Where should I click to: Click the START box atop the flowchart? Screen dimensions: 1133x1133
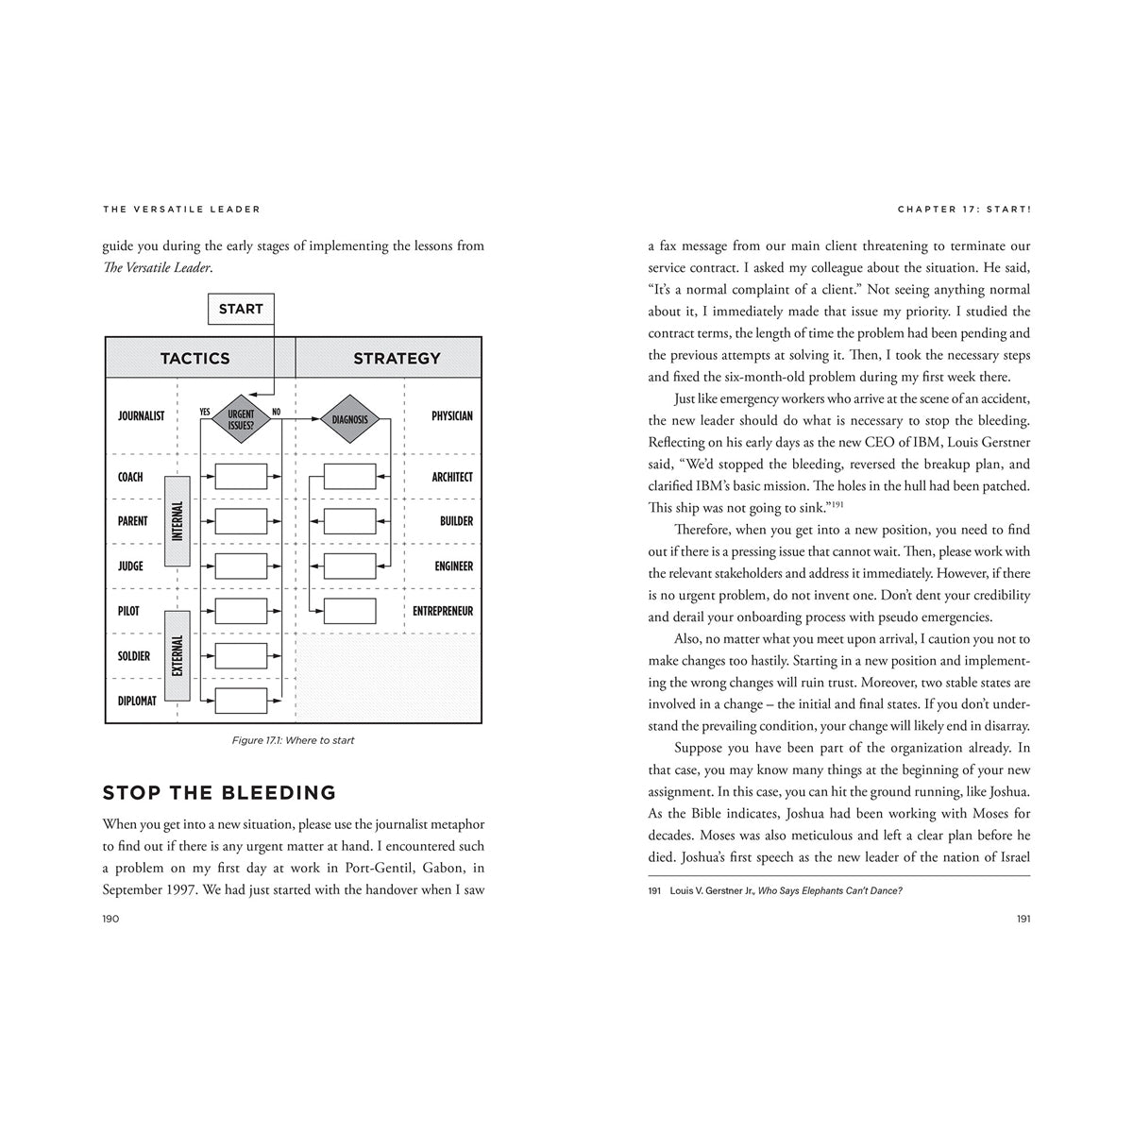click(x=241, y=309)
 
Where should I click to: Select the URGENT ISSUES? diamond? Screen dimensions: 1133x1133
click(x=241, y=419)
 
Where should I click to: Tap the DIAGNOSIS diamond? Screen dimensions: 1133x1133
click(x=350, y=419)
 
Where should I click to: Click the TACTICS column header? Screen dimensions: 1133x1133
click(x=194, y=358)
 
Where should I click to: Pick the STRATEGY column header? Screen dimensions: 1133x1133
click(x=397, y=358)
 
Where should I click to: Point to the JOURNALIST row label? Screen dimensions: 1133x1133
click(x=141, y=415)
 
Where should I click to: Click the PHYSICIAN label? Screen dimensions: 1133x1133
click(x=451, y=415)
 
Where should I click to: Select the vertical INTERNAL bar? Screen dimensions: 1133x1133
click(x=178, y=521)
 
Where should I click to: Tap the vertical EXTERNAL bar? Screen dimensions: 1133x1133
click(x=178, y=655)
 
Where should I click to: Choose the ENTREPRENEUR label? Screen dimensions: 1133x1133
click(x=442, y=611)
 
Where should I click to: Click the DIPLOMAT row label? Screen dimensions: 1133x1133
click(x=137, y=701)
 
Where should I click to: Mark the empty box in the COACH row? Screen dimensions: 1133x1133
click(x=241, y=476)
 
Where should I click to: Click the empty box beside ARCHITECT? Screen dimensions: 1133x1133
click(x=350, y=476)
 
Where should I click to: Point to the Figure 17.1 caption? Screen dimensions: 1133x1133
click(x=293, y=740)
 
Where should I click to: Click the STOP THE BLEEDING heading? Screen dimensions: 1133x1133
click(x=219, y=792)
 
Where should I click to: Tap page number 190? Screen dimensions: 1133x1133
click(x=110, y=919)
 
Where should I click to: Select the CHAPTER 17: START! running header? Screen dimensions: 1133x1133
click(x=963, y=209)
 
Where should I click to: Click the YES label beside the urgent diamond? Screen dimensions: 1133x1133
click(x=205, y=412)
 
